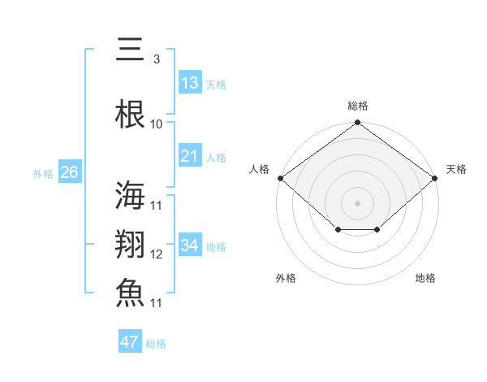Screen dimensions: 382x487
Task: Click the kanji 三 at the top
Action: pyautogui.click(x=130, y=50)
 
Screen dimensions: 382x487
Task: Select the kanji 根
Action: pyautogui.click(x=130, y=115)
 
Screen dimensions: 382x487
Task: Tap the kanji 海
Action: pyautogui.click(x=130, y=196)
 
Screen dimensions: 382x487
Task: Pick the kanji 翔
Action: pyautogui.click(x=130, y=245)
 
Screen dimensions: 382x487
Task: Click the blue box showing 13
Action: pyautogui.click(x=189, y=83)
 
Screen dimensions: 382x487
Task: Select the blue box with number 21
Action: pyautogui.click(x=189, y=156)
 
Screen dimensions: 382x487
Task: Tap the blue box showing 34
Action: pyautogui.click(x=189, y=245)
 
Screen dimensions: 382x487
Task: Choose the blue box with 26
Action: pyautogui.click(x=69, y=172)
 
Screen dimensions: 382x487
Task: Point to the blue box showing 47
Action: pyautogui.click(x=130, y=342)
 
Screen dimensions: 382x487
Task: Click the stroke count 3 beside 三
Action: pyautogui.click(x=156, y=59)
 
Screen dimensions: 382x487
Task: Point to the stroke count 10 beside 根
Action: pyautogui.click(x=156, y=124)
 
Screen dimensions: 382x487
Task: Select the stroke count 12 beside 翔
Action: pyautogui.click(x=156, y=254)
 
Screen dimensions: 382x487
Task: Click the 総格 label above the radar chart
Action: pyautogui.click(x=357, y=106)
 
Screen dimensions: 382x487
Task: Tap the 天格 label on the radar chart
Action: pyautogui.click(x=456, y=169)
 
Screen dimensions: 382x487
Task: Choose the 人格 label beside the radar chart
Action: pyautogui.click(x=259, y=169)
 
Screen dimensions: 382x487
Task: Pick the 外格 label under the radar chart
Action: pyautogui.click(x=286, y=278)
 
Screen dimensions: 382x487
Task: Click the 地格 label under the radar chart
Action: pyautogui.click(x=425, y=278)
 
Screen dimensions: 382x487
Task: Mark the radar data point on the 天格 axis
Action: pyautogui.click(x=436, y=177)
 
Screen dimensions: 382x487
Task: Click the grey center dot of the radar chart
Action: pyautogui.click(x=357, y=202)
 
